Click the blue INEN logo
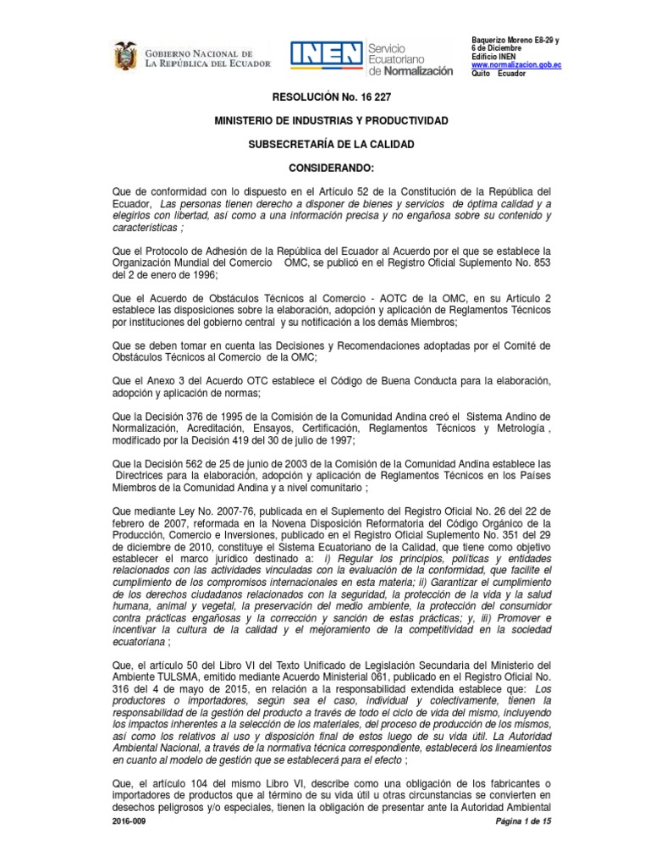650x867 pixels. [327, 56]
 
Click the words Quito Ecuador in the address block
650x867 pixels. [499, 74]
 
